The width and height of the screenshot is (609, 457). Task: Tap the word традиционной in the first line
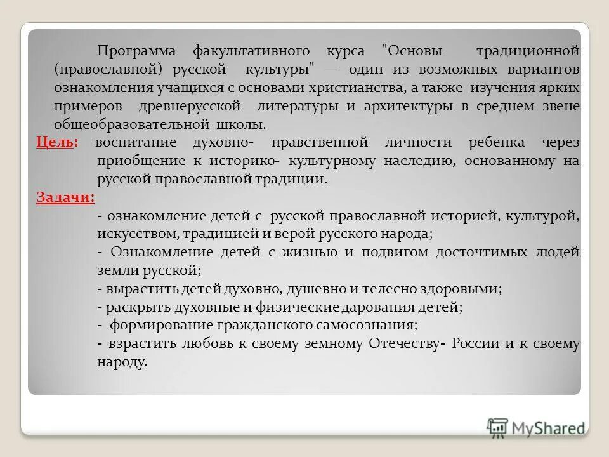coord(527,50)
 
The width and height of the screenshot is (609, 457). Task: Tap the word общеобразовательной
coord(130,124)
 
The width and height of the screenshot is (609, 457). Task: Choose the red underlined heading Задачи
coord(65,197)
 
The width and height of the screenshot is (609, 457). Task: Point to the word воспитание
coord(136,143)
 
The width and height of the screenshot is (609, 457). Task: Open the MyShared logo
coord(536,427)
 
